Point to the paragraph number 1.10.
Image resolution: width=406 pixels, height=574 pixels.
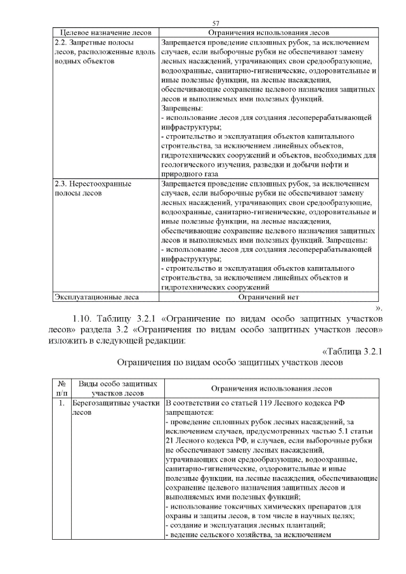coord(88,317)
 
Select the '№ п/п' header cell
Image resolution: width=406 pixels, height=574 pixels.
coord(62,388)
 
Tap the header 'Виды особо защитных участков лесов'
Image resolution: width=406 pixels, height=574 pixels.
coord(117,388)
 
